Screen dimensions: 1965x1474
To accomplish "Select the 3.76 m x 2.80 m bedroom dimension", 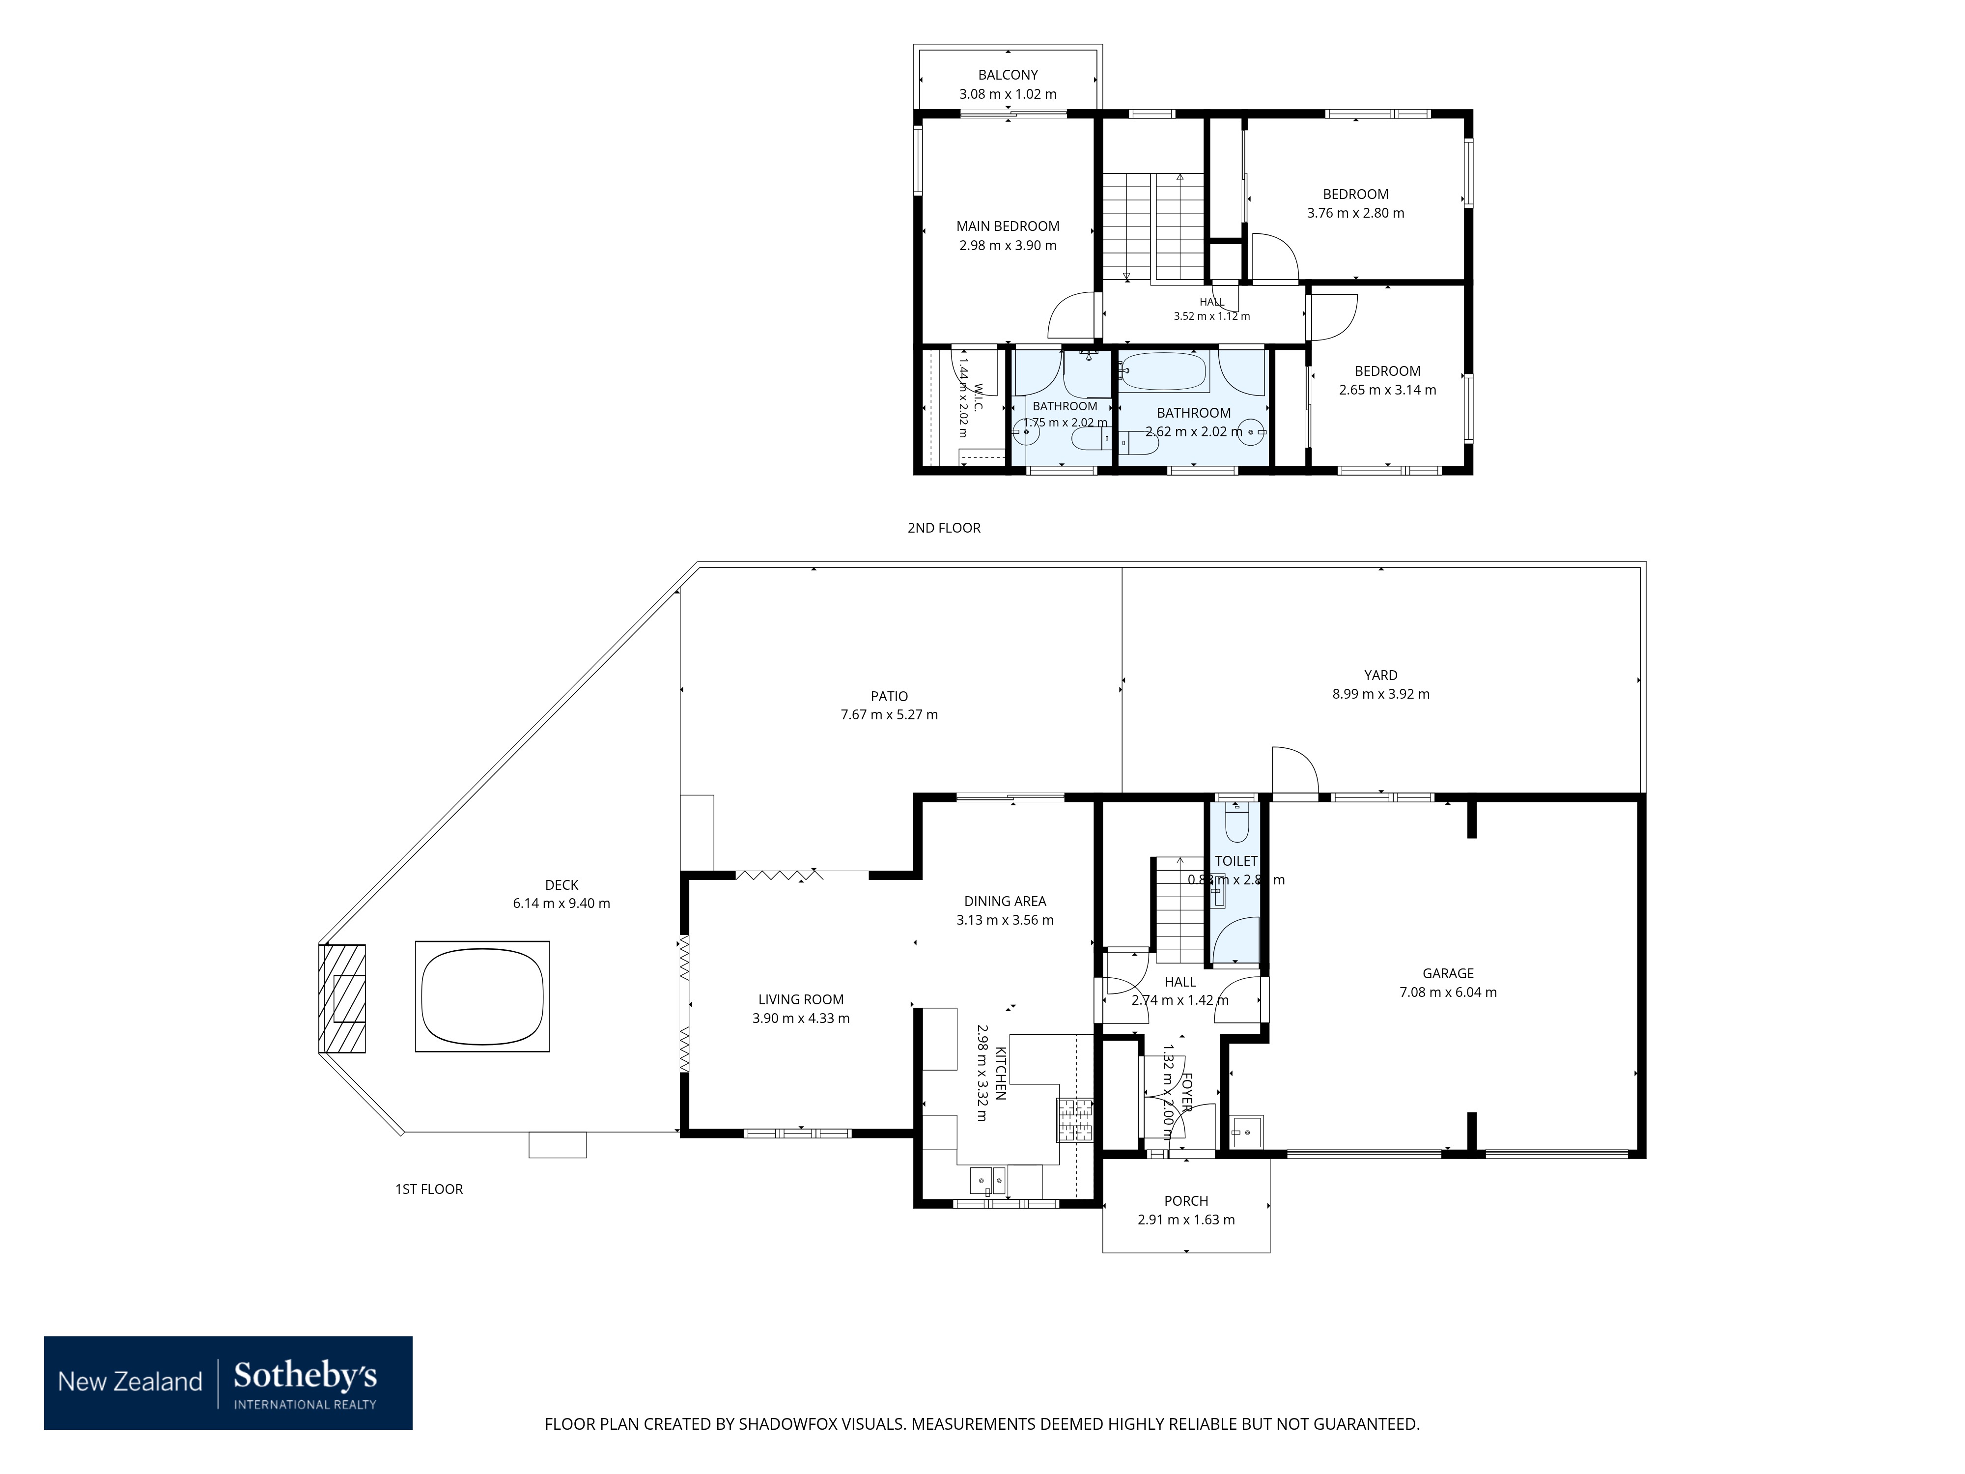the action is (1355, 213).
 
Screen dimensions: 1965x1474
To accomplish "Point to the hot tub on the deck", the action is (482, 997).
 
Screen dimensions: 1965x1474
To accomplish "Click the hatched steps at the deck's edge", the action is (342, 999).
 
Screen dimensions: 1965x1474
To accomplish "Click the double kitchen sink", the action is (988, 1181).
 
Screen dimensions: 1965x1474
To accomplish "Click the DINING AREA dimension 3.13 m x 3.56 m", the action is (1005, 920).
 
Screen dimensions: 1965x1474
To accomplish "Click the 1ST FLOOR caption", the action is (429, 1189).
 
